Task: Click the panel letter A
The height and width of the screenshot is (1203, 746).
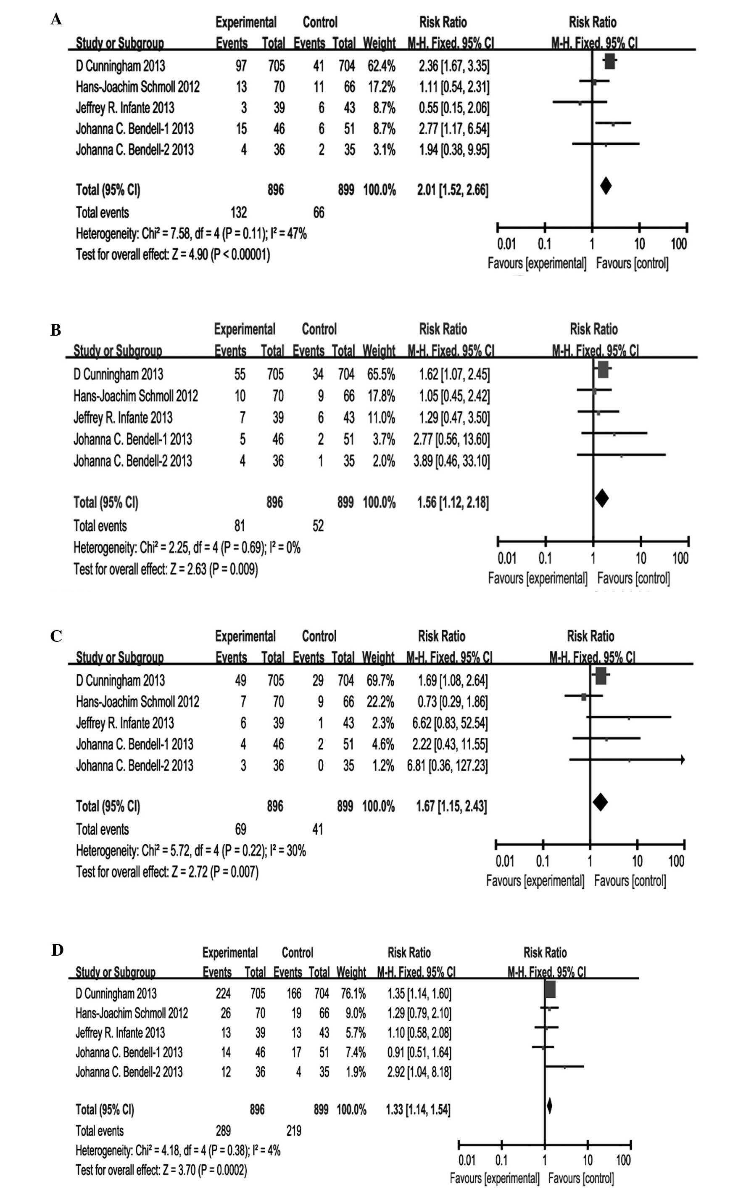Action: pos(56,20)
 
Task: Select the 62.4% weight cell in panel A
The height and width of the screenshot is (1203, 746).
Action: pos(379,66)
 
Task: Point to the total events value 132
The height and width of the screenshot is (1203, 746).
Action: pos(239,212)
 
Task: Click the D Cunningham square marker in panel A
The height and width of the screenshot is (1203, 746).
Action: pos(609,62)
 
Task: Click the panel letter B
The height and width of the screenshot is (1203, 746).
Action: pos(56,330)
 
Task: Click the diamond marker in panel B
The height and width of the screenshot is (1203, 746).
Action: pos(601,498)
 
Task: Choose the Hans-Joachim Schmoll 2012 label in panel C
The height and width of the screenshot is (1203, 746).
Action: pos(137,702)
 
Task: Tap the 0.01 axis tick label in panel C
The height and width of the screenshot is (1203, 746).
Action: pos(504,861)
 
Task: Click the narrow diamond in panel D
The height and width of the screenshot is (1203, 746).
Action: pos(549,1106)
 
